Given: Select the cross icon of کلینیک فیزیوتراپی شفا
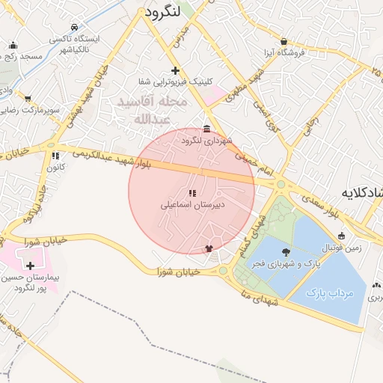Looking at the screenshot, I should [x=175, y=70].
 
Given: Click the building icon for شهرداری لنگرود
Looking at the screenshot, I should [x=207, y=129].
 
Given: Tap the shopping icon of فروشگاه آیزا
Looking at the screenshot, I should [x=284, y=42].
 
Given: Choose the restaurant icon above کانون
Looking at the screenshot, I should [x=55, y=156].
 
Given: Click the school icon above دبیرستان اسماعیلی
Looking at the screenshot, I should [x=191, y=192].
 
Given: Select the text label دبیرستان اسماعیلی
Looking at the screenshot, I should [x=191, y=203].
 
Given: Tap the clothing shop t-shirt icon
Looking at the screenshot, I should [x=209, y=249].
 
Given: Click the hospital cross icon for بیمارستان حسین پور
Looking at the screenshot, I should [x=30, y=266].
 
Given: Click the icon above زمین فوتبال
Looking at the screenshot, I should [x=342, y=236].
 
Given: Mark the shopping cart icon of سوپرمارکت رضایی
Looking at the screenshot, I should [x=28, y=98].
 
